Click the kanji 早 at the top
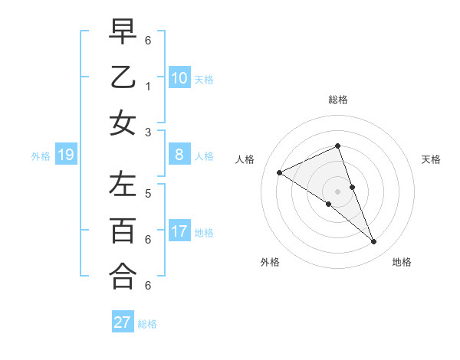click(x=123, y=31)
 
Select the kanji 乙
click(x=123, y=77)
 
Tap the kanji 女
click(x=123, y=123)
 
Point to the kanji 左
click(x=123, y=185)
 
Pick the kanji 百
click(x=123, y=231)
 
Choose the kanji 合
click(x=123, y=277)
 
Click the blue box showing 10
click(x=179, y=78)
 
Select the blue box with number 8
click(x=179, y=155)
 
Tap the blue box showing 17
click(x=179, y=231)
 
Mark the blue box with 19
click(x=66, y=155)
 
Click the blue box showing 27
click(x=123, y=322)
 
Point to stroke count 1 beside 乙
click(x=148, y=86)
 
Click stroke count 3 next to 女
click(x=148, y=132)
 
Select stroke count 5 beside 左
click(x=148, y=193)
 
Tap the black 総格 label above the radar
click(x=338, y=100)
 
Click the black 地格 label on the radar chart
click(x=402, y=262)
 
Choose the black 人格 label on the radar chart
click(x=245, y=159)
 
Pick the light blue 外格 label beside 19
click(x=41, y=156)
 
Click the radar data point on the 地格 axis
click(x=374, y=242)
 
